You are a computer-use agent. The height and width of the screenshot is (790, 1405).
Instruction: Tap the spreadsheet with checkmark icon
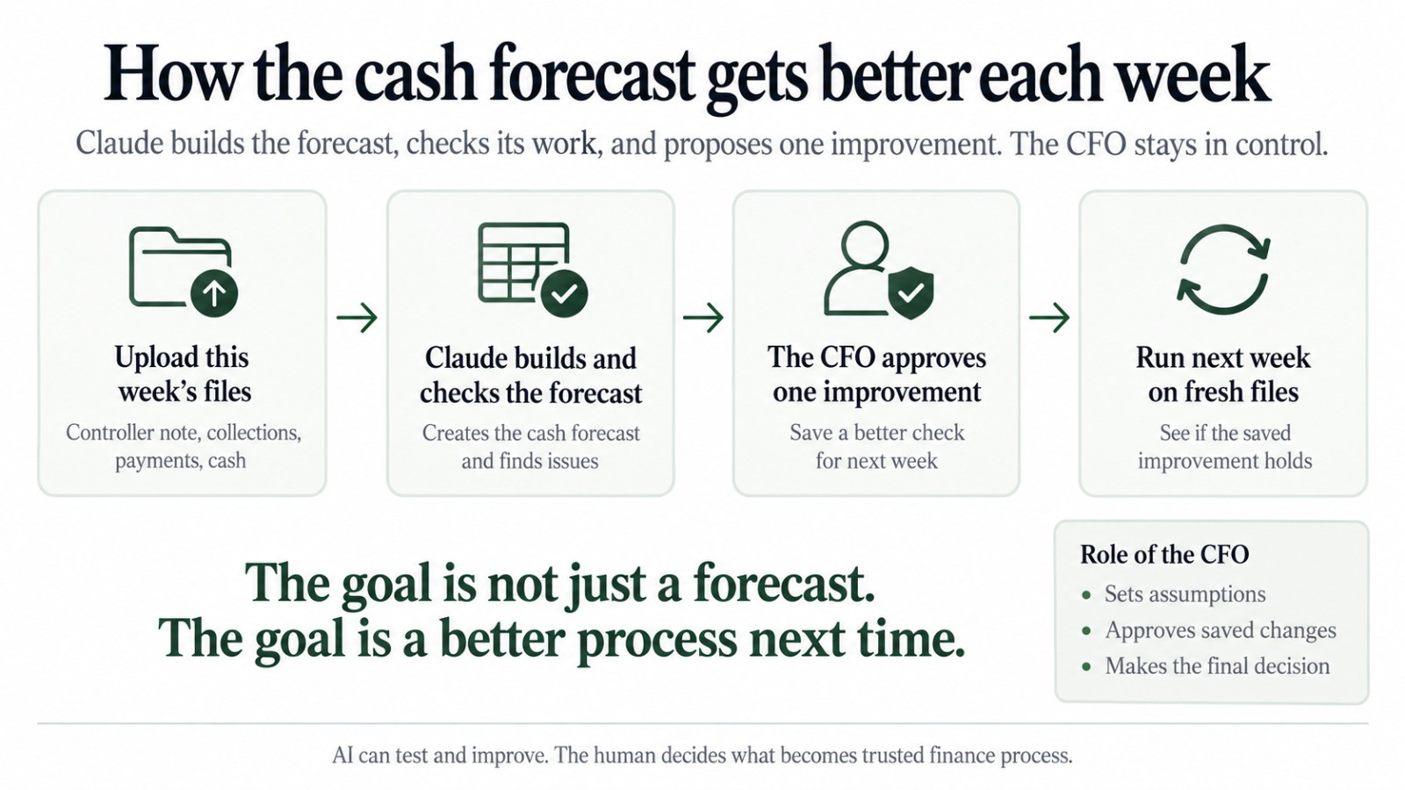532,269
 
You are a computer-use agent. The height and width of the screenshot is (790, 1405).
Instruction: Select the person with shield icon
878,269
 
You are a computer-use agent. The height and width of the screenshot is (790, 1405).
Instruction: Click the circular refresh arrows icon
1224,269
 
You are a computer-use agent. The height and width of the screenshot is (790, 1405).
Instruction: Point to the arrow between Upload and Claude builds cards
357,317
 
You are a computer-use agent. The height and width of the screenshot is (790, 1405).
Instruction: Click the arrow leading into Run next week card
1049,317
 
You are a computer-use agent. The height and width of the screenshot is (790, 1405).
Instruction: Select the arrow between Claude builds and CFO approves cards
703,317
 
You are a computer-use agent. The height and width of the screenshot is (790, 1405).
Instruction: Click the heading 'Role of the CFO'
1164,554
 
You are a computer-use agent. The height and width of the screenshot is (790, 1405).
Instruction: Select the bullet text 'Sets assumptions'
1185,593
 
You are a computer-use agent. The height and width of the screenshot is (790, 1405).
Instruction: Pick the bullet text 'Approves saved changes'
1221,630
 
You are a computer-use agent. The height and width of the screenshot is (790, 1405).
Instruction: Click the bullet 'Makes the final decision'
1217,666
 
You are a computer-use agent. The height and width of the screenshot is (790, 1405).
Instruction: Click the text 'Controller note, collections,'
184,433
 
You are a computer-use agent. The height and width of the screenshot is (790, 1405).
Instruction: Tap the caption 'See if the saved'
1225,433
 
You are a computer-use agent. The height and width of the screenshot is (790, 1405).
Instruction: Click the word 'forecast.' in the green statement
784,584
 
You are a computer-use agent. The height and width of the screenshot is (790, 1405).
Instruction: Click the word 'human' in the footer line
619,755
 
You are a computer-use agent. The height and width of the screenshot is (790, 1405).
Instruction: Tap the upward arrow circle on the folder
214,293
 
